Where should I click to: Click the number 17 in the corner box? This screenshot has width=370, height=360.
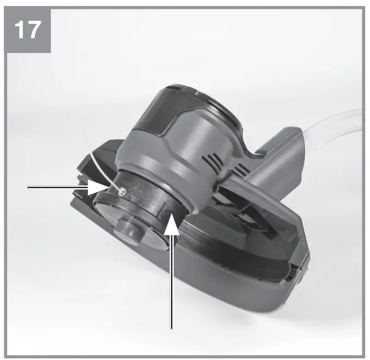click(x=28, y=29)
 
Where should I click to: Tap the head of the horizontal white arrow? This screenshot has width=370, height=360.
click(x=98, y=187)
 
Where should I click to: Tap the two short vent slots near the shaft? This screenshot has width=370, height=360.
click(x=240, y=168)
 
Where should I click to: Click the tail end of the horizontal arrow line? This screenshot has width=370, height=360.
click(x=28, y=187)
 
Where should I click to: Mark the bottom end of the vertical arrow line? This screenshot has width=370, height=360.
click(x=172, y=328)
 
